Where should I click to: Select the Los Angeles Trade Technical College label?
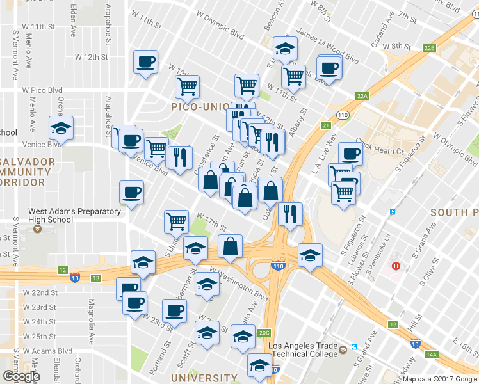(303, 351)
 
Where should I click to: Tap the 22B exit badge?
(429, 48)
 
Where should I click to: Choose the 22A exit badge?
(363, 96)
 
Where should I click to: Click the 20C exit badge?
(264, 333)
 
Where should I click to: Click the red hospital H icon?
(396, 266)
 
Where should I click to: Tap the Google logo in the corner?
(21, 376)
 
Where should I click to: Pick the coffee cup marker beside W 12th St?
(145, 62)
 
